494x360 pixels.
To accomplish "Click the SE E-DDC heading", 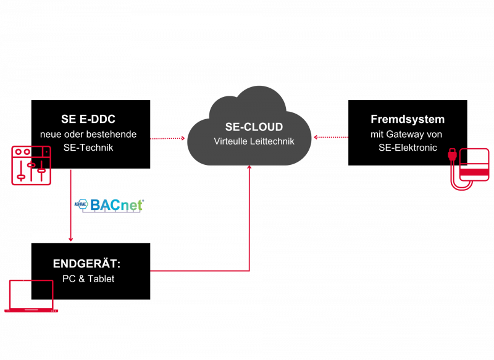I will (88, 119).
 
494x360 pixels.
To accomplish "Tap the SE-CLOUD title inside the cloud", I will (254, 127).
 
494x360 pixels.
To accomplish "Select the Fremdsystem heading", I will (408, 119).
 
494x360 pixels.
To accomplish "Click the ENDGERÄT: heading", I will (87, 264).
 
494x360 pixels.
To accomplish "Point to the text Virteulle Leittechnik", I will (254, 141).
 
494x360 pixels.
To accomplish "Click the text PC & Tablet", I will (88, 278).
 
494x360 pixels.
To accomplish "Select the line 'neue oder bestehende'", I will (88, 134).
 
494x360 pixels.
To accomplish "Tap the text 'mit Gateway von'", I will (406, 134).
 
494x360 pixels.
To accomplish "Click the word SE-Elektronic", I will (408, 148).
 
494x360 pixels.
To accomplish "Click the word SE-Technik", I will (88, 148).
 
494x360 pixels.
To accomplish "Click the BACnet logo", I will (109, 206).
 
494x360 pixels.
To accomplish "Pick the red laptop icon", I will (31, 296).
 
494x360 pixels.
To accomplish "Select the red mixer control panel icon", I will (31, 165).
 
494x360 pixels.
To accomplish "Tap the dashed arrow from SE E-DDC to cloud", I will (167, 138).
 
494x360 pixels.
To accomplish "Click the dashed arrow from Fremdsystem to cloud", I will (332, 138).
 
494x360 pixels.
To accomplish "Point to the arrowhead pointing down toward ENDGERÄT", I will (71, 238).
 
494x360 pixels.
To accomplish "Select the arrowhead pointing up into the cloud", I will (249, 167).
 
